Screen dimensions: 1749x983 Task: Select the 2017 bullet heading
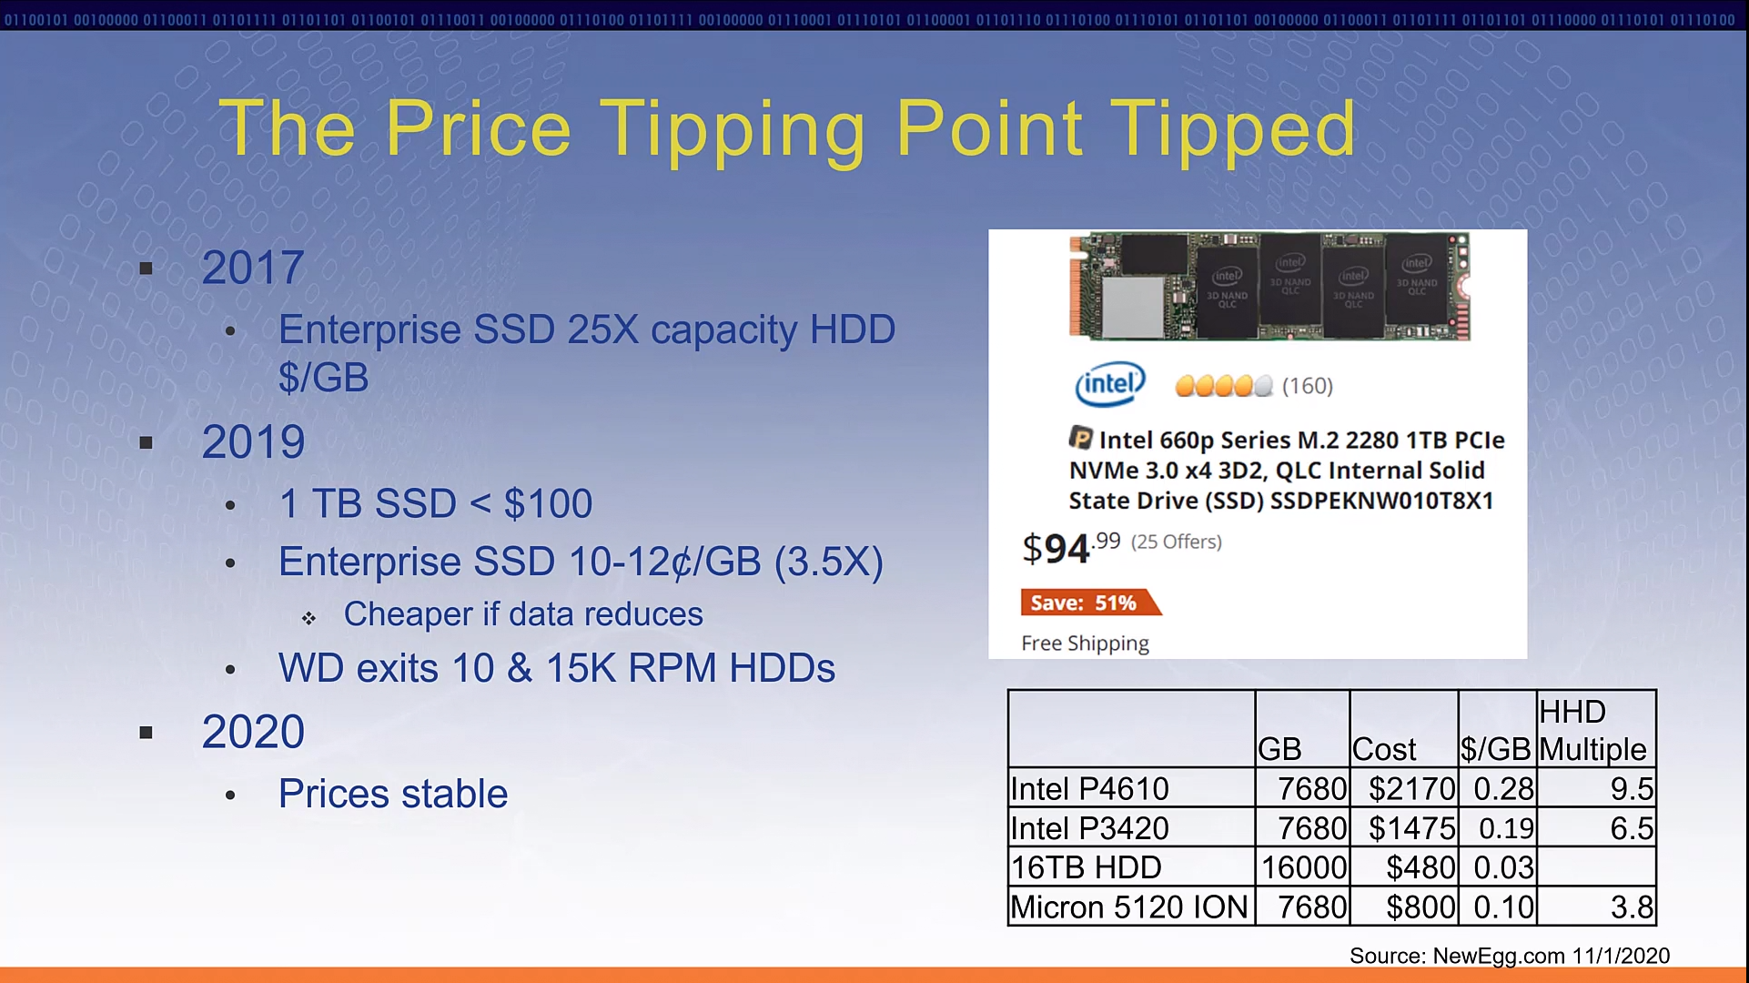pyautogui.click(x=253, y=268)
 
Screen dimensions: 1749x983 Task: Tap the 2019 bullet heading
pyautogui.click(x=253, y=442)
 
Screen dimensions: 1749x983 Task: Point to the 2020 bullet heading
pyautogui.click(x=253, y=732)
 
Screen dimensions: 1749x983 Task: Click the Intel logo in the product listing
pyautogui.click(x=1110, y=384)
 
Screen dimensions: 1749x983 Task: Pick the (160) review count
pyautogui.click(x=1308, y=386)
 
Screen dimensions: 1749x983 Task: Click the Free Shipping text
pyautogui.click(x=1085, y=644)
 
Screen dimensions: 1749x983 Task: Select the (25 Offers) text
pyautogui.click(x=1177, y=542)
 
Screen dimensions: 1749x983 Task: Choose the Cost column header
pyautogui.click(x=1384, y=749)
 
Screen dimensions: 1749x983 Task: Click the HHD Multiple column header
pyautogui.click(x=1592, y=730)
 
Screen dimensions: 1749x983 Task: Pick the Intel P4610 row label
pyautogui.click(x=1089, y=788)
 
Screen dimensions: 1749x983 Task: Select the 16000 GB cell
pyautogui.click(x=1304, y=867)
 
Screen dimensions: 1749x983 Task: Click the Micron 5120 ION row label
pyautogui.click(x=1129, y=907)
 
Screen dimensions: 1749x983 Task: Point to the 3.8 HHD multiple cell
pyautogui.click(x=1632, y=907)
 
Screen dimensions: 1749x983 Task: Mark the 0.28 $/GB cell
pyautogui.click(x=1503, y=788)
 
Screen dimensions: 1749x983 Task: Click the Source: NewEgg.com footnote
pyautogui.click(x=1510, y=956)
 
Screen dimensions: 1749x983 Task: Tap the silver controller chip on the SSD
pyautogui.click(x=1133, y=307)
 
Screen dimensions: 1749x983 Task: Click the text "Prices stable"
pyautogui.click(x=393, y=794)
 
